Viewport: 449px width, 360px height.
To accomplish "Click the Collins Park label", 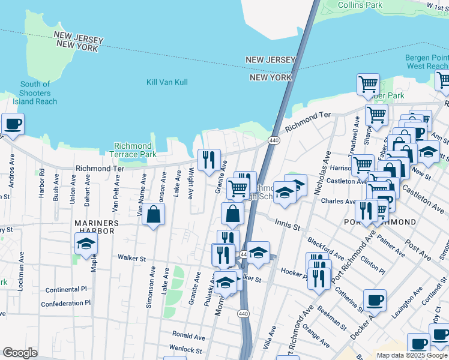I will (x=360, y=5).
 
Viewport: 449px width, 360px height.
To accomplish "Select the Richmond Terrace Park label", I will (x=133, y=150).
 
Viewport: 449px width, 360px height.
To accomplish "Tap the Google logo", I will (x=20, y=352).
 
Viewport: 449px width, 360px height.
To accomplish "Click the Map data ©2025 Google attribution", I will (x=412, y=355).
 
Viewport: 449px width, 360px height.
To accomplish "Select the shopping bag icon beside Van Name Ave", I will (x=154, y=214).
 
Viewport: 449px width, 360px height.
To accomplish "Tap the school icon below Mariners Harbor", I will (x=86, y=243).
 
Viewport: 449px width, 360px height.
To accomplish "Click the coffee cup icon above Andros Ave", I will (x=12, y=124).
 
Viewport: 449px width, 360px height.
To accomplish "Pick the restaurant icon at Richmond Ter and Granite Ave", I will (x=208, y=160).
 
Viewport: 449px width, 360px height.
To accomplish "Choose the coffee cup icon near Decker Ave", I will (x=375, y=300).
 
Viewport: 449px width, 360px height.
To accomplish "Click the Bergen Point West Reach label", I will (x=426, y=62).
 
